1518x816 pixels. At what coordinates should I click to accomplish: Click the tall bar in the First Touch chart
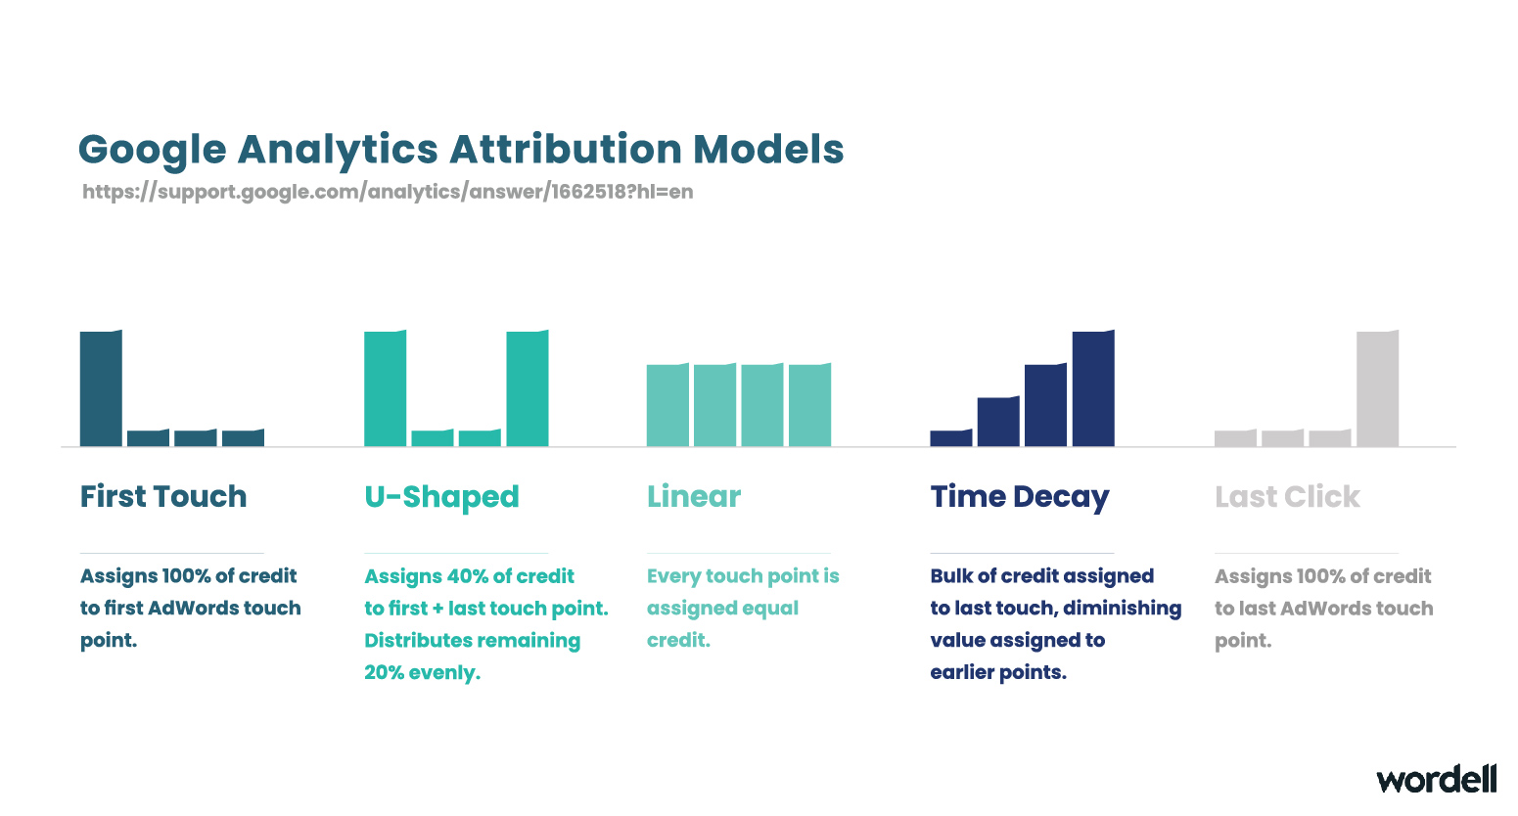(x=101, y=388)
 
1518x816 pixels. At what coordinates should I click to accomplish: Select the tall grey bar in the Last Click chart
(x=1378, y=388)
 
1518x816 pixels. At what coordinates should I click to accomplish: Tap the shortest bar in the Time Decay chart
(x=950, y=437)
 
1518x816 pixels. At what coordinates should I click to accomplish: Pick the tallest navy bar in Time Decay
(x=1093, y=388)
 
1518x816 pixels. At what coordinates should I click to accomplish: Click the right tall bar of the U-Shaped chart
(x=528, y=388)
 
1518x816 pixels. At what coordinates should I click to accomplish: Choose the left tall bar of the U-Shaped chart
(x=385, y=388)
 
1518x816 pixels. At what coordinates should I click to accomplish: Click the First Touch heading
(x=163, y=496)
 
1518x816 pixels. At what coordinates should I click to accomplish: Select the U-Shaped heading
(x=441, y=497)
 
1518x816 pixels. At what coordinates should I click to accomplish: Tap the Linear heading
(x=694, y=496)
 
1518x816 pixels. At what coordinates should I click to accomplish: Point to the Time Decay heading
(x=1019, y=498)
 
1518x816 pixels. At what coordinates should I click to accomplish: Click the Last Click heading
(x=1287, y=496)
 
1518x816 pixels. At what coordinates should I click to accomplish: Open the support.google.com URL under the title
(x=388, y=192)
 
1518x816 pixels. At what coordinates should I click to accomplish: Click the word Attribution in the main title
(x=565, y=149)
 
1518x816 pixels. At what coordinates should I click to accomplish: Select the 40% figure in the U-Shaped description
(x=468, y=576)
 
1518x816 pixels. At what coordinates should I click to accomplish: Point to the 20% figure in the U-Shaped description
(x=385, y=672)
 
